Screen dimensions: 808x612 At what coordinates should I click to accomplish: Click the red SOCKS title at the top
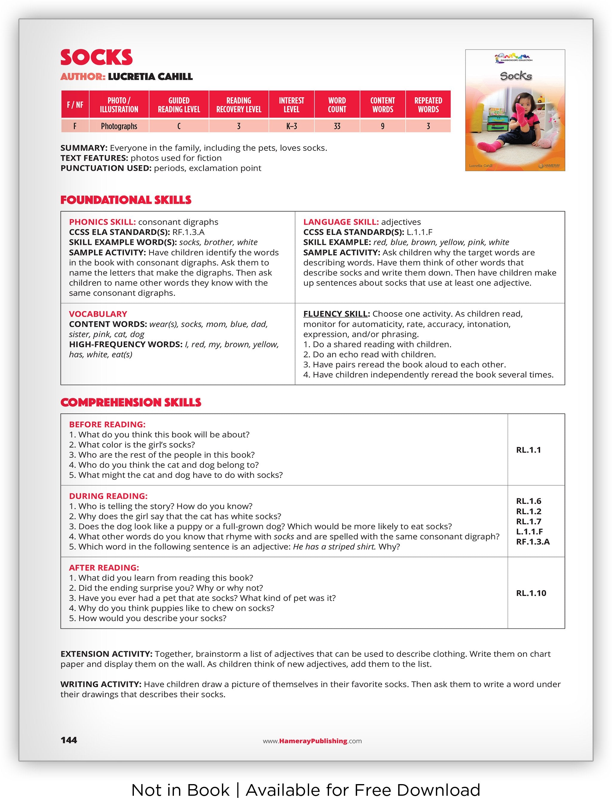point(97,57)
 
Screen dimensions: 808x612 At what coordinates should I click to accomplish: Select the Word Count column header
point(336,105)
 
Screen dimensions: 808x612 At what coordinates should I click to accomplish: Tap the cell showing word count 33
point(336,126)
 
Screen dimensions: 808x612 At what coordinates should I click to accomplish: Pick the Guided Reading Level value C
point(179,126)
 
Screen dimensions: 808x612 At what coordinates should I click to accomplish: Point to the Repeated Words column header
point(428,105)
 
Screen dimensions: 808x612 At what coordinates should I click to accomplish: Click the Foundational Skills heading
point(126,200)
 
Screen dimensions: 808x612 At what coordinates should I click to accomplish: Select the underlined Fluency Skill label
point(335,314)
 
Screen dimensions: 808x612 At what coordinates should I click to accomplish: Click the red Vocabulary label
point(98,314)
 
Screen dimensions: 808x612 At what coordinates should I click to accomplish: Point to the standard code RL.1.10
point(531,593)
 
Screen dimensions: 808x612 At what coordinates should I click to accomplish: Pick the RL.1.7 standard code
point(528,521)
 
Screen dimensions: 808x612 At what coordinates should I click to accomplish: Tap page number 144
point(69,740)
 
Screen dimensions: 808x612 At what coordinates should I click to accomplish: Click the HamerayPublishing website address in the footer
point(312,741)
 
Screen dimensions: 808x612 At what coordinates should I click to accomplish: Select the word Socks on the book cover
point(515,76)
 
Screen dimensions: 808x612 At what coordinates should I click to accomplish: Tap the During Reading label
point(108,496)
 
